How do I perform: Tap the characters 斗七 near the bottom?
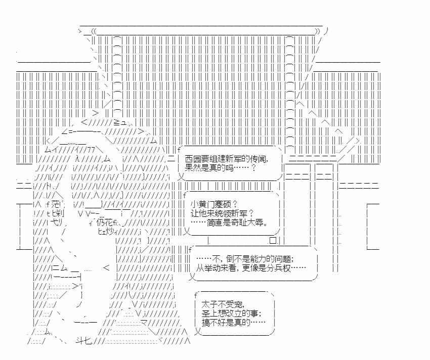point(82,342)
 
